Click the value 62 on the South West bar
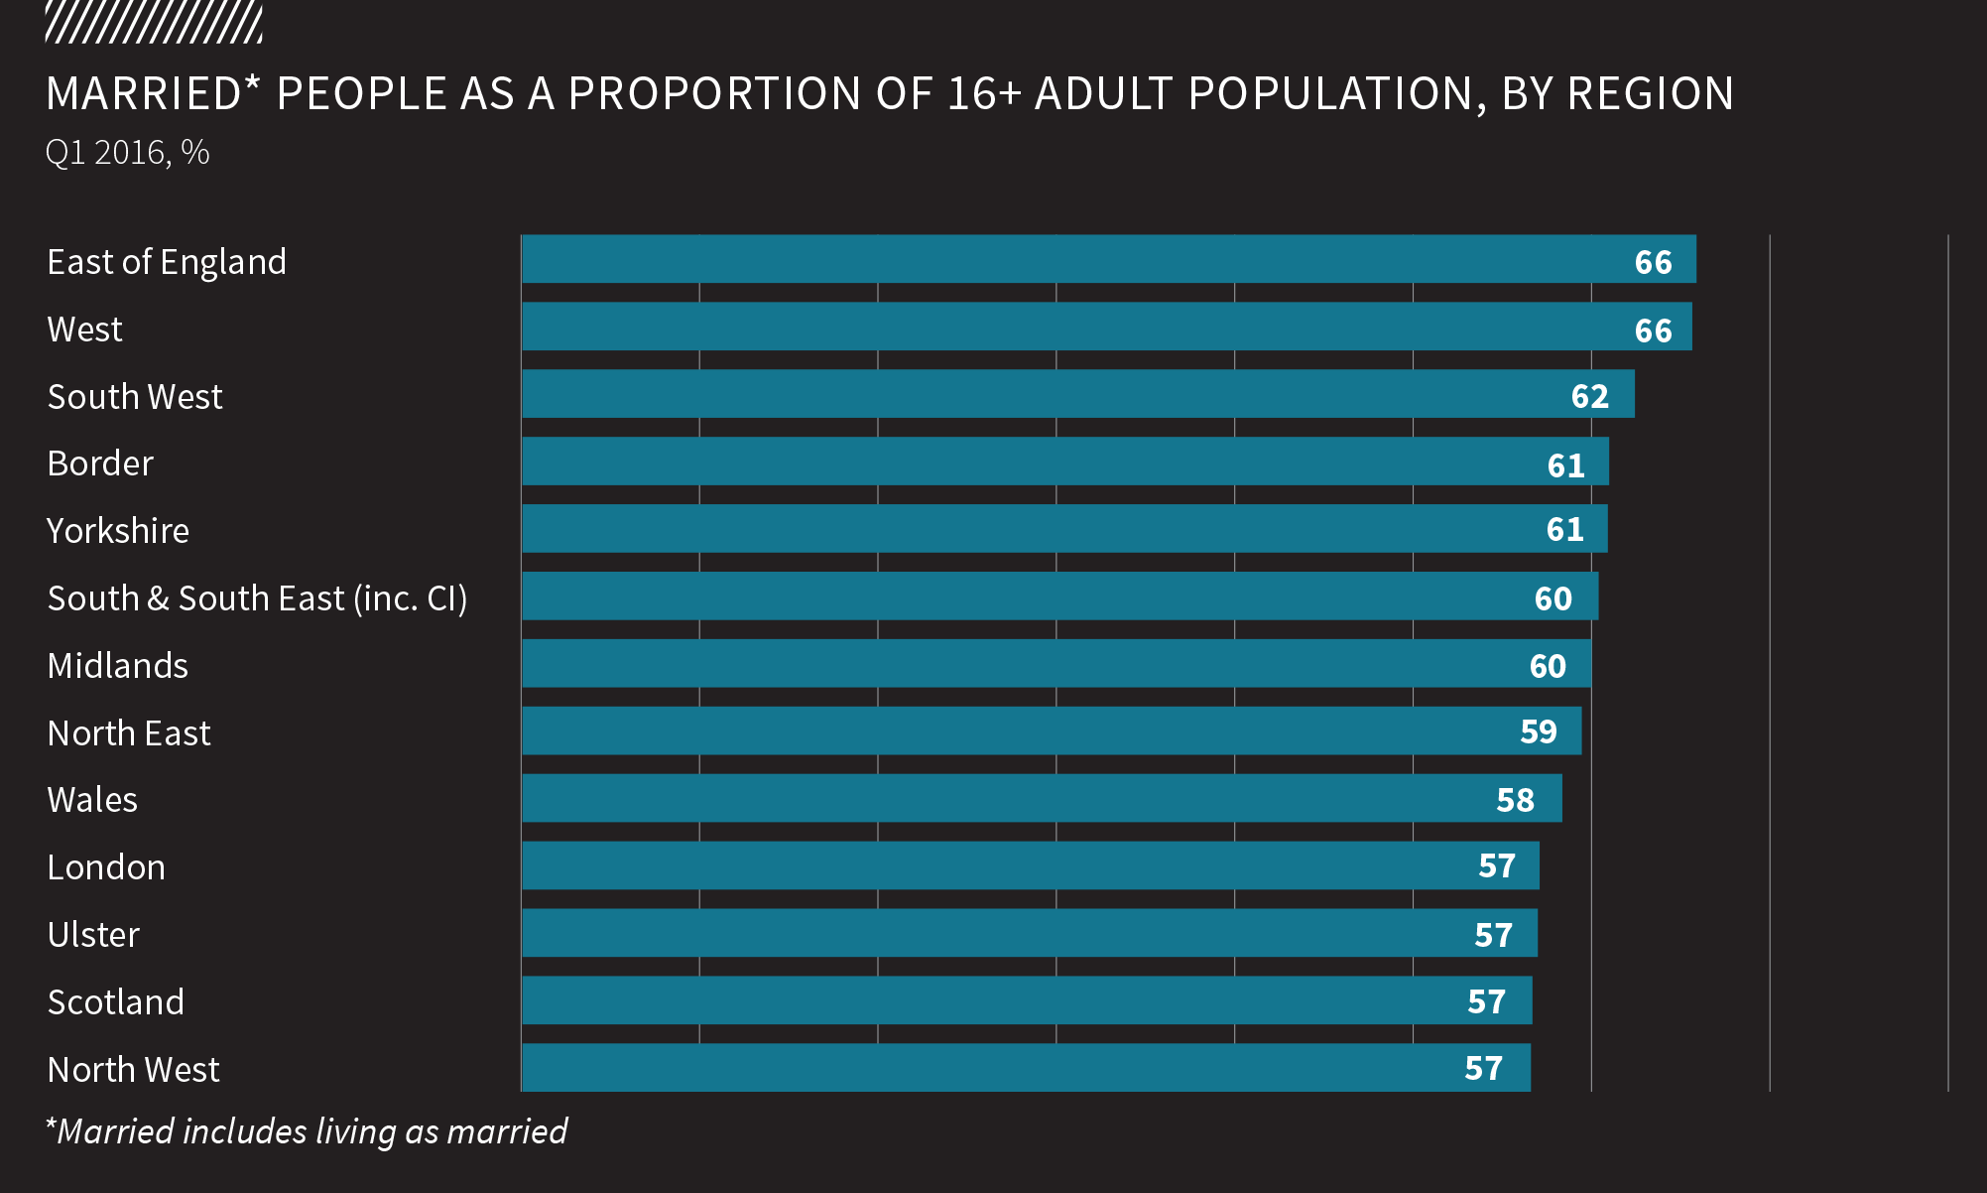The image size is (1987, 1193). [1589, 396]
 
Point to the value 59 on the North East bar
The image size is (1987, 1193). [1539, 731]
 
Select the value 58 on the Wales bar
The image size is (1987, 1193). [1515, 800]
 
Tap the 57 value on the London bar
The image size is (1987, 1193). [1497, 865]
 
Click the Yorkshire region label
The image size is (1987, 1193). [118, 531]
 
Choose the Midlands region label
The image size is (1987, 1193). [118, 666]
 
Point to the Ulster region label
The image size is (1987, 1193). [93, 935]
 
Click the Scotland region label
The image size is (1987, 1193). [116, 1002]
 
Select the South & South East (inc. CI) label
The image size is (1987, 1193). [257, 598]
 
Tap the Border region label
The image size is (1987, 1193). [100, 464]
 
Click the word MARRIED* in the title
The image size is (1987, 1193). [153, 93]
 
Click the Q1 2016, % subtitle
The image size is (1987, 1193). [127, 152]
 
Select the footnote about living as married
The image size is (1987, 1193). [307, 1131]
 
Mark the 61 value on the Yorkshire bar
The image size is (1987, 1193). [1564, 529]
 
